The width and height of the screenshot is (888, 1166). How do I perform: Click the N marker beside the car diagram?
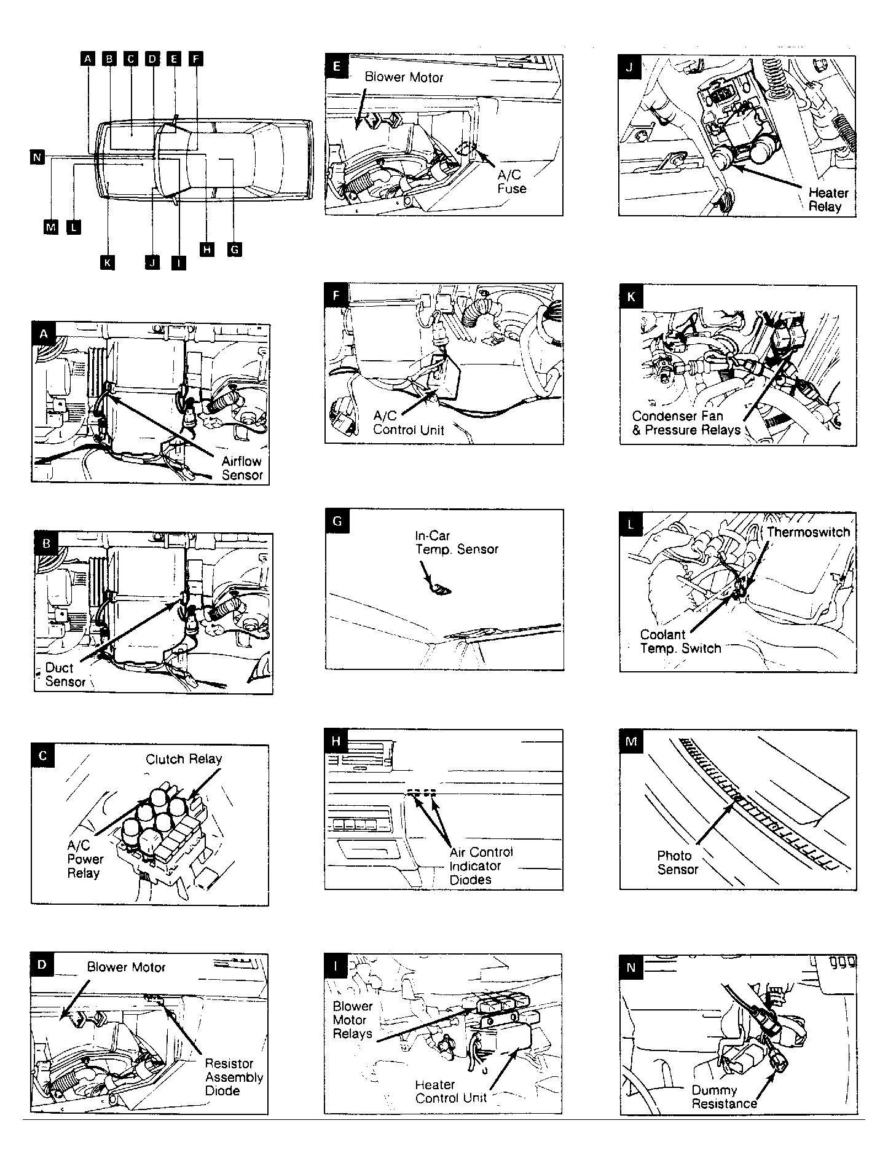37,158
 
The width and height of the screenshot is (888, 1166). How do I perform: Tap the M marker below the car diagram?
51,227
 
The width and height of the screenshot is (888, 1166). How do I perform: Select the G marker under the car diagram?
234,250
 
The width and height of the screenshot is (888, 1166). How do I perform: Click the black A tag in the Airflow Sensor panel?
43,334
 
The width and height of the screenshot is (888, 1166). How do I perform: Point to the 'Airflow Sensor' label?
242,468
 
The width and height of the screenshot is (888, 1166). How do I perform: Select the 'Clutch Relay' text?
184,759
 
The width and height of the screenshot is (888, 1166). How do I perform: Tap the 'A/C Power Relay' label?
85,859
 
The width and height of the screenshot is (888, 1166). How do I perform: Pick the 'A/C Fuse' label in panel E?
511,182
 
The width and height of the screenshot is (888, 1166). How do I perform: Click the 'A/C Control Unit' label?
408,423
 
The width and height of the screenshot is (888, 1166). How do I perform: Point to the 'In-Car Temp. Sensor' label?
456,543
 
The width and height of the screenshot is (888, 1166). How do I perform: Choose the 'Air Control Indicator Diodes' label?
481,865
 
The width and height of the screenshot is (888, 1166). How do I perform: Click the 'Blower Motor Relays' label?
353,1020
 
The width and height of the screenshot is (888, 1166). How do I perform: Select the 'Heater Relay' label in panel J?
828,200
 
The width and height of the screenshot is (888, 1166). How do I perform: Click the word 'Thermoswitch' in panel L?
808,532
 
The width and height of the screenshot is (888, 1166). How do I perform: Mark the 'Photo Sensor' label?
677,862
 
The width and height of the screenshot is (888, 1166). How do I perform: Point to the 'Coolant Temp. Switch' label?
680,641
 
